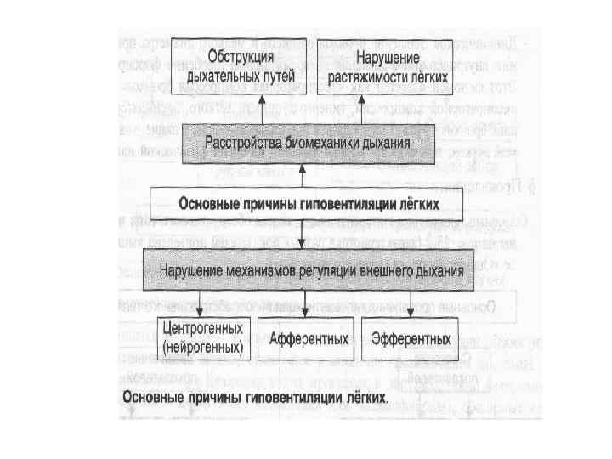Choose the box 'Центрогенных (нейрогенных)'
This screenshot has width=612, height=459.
pos(201,337)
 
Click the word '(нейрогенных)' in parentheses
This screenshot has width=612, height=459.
pos(201,347)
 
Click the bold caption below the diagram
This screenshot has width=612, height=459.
pos(256,397)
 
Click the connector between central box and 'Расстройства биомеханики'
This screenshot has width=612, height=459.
pos(303,175)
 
